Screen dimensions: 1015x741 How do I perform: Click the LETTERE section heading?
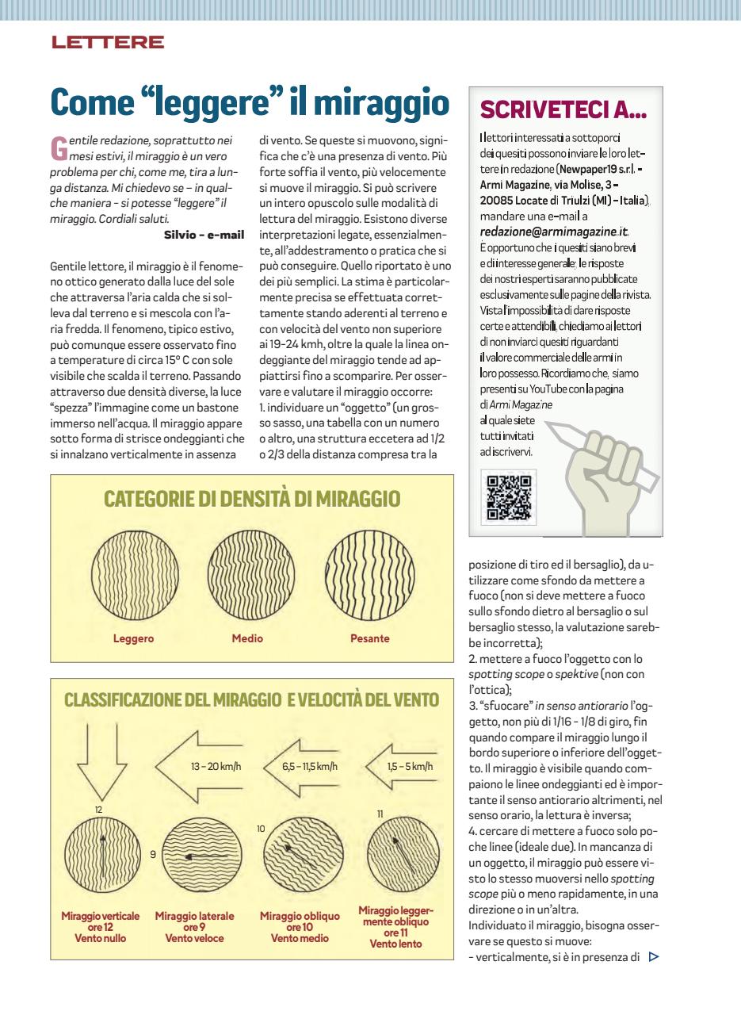(x=108, y=43)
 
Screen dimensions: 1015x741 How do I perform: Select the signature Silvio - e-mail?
(x=204, y=234)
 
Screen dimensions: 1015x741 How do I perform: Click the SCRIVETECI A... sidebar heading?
(x=564, y=109)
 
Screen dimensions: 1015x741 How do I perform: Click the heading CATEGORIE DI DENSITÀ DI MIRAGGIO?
(x=252, y=499)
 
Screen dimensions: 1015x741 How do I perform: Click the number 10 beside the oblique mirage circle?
(x=261, y=828)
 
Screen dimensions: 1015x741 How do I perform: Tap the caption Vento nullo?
(x=101, y=939)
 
